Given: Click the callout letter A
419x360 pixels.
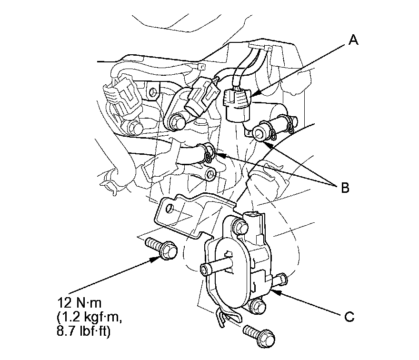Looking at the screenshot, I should pyautogui.click(x=353, y=41).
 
